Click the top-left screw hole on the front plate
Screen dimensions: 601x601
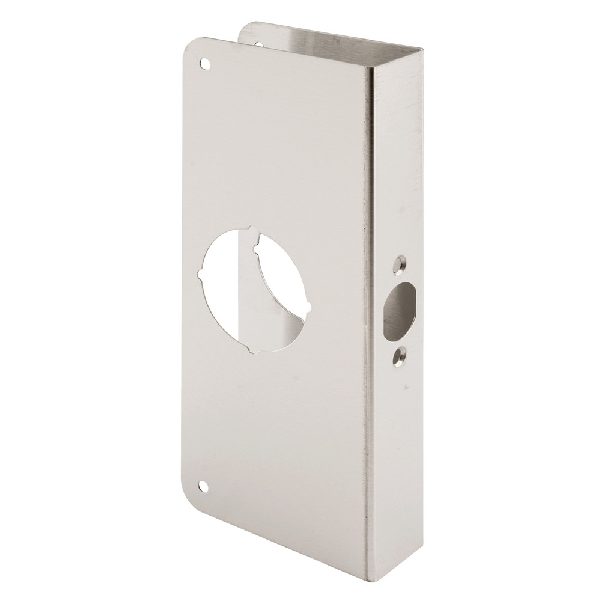pyautogui.click(x=205, y=63)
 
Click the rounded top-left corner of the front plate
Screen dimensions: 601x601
pyautogui.click(x=185, y=48)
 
